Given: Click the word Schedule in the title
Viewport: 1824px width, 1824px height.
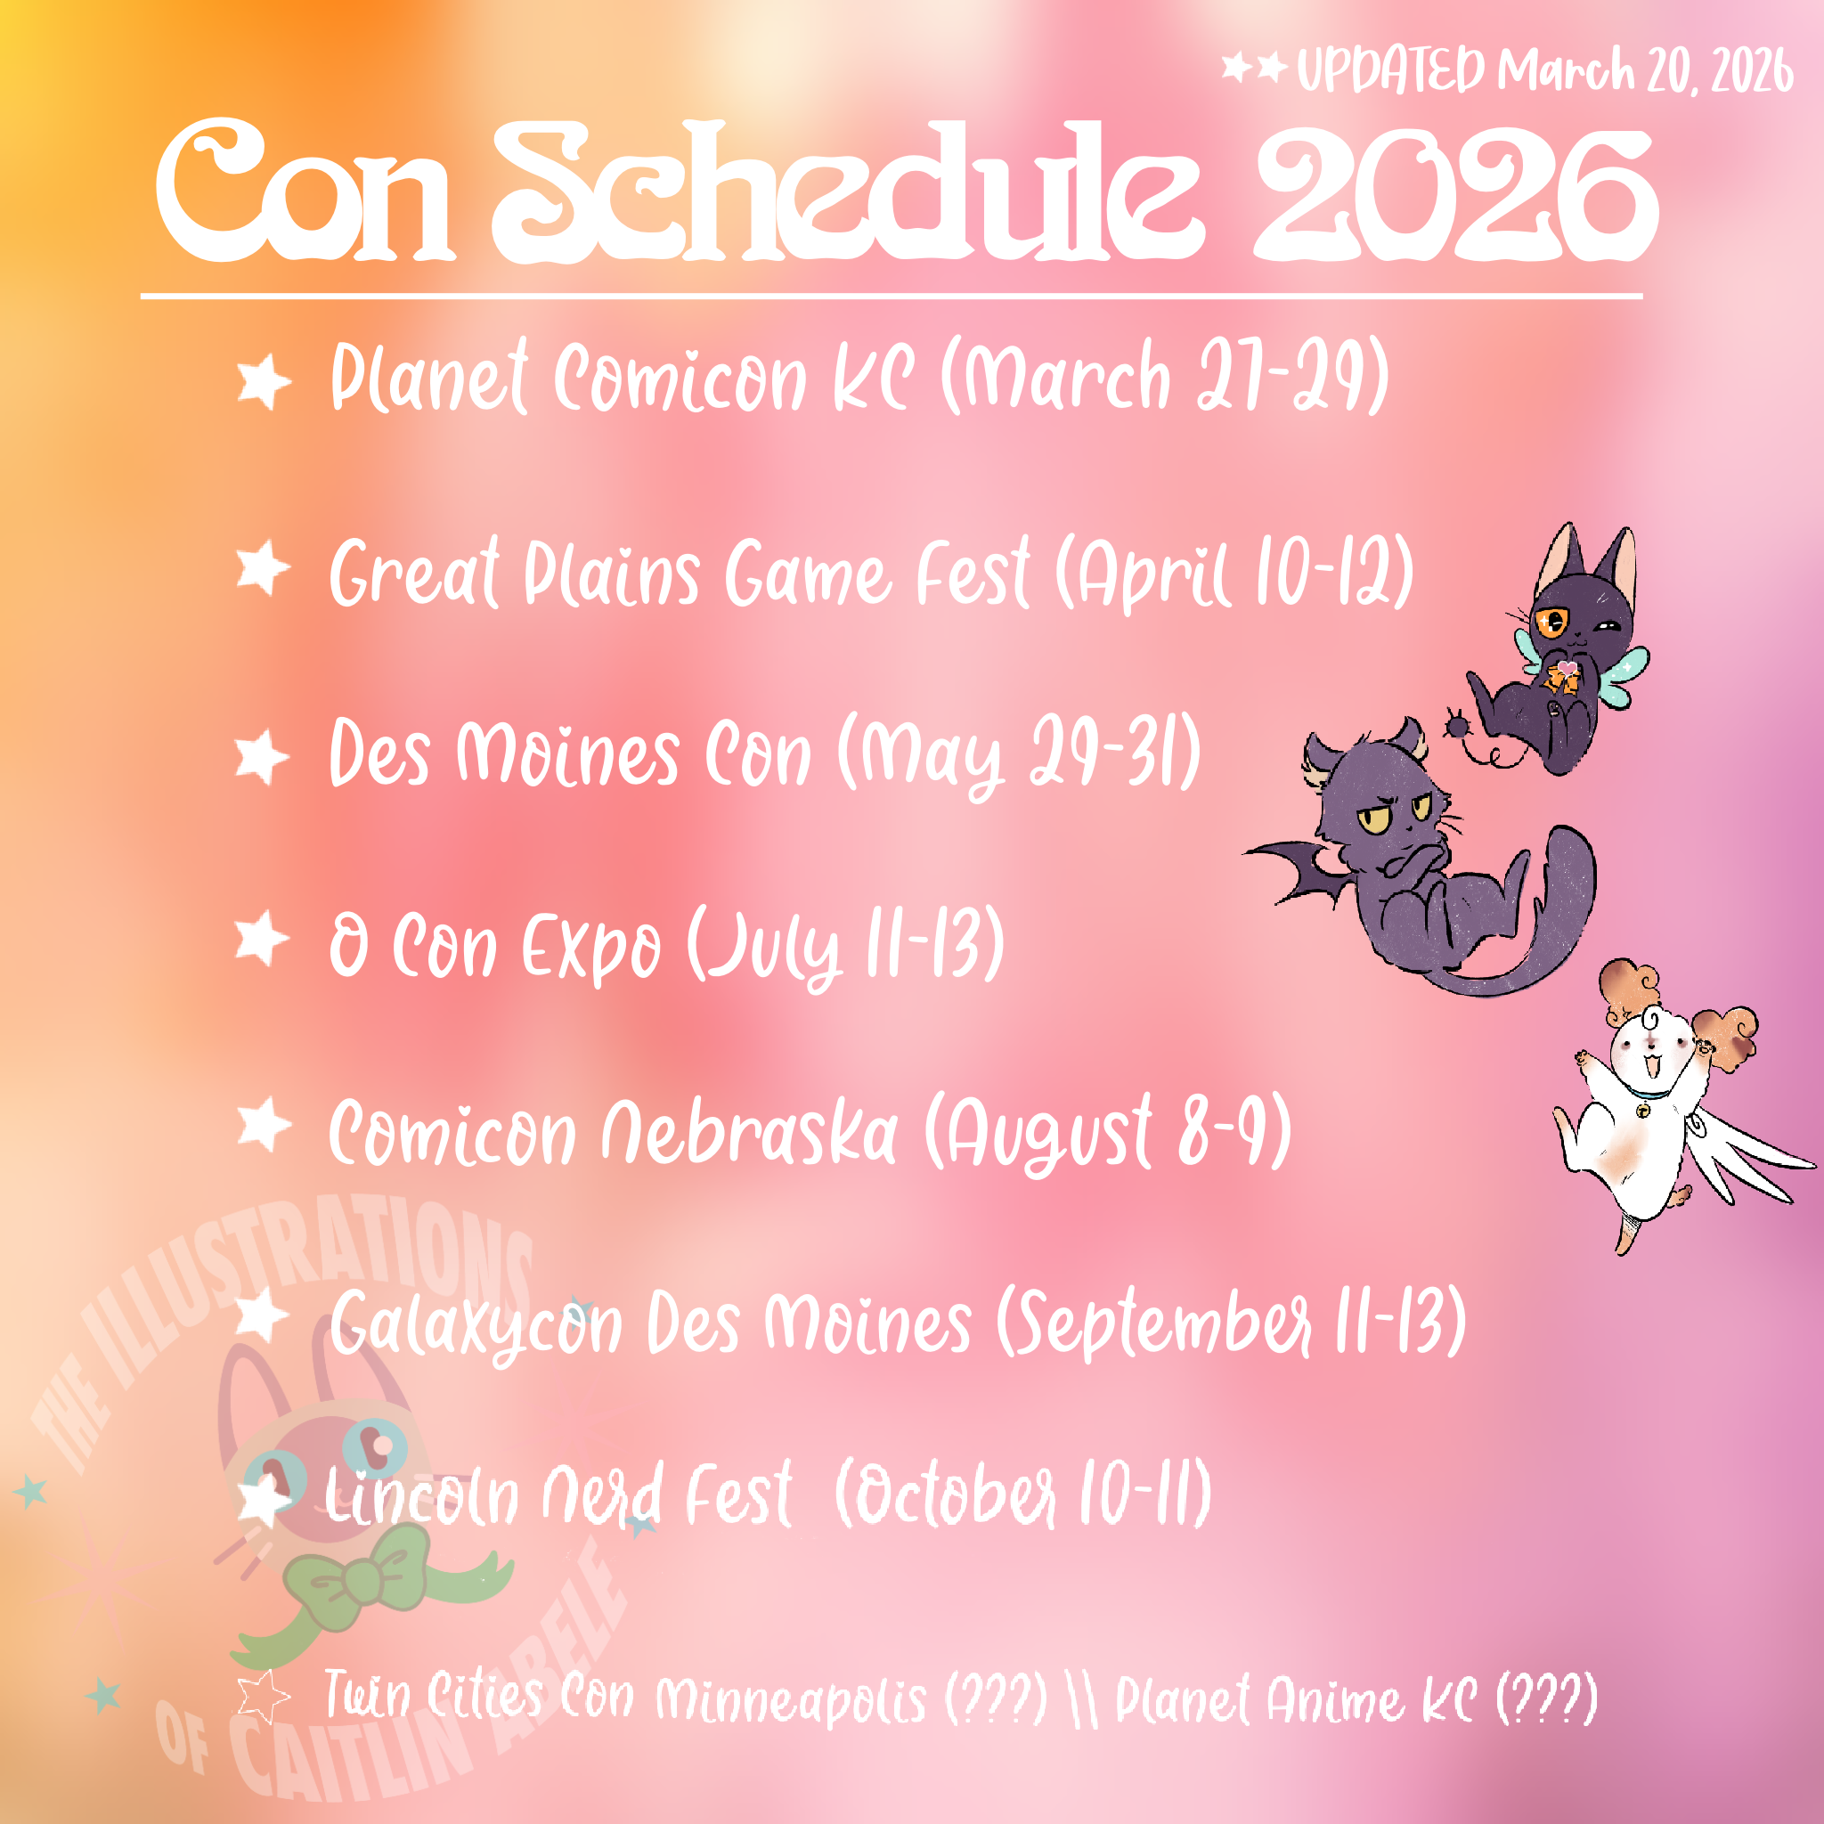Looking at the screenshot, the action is tap(847, 191).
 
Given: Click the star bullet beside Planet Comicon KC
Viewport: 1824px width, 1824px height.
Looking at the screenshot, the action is tap(264, 381).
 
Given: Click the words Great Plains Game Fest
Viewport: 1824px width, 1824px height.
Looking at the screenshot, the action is tap(680, 572).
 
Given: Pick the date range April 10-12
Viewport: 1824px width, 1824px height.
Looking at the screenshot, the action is tap(1234, 572).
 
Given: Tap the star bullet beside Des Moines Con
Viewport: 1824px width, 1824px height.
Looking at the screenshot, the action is tap(262, 757).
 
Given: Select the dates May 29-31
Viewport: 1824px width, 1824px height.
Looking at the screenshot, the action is tap(1020, 755).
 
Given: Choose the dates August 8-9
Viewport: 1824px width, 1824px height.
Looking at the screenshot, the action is tap(1107, 1133).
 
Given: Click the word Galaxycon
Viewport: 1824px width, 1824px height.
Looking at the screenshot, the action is tap(476, 1323).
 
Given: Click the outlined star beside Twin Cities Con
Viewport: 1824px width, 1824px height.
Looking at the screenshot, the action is tap(263, 1697).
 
